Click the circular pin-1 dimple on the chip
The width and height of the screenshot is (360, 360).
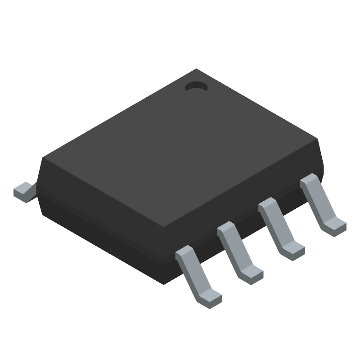196,87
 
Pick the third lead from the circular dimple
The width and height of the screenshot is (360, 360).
238,252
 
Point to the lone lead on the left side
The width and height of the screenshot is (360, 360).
23,191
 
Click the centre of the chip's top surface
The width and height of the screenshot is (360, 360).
180,148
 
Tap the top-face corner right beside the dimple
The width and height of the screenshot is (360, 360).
196,69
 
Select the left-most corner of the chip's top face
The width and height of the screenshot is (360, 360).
43,158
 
